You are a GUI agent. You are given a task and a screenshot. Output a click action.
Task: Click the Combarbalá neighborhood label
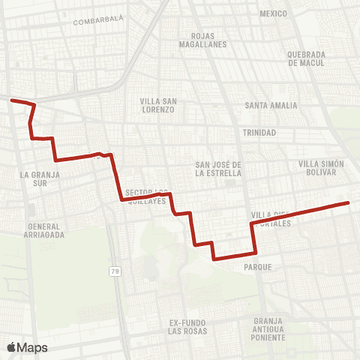point(98,22)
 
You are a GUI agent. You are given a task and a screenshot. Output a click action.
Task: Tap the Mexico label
point(273,13)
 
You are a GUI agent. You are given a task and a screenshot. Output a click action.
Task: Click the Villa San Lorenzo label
point(158,105)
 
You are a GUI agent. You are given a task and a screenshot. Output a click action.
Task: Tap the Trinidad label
point(259,133)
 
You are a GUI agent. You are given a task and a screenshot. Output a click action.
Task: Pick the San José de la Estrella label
point(218,168)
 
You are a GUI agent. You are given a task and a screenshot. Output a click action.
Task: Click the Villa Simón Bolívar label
point(320,168)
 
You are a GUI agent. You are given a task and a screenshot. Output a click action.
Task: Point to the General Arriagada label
point(45,230)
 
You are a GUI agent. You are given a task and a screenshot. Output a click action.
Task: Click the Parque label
point(257,266)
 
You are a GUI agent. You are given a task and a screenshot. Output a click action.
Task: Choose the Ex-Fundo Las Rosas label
point(187,327)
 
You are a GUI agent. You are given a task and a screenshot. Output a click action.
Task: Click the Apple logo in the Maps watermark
point(11,347)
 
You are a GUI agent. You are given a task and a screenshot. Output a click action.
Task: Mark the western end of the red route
point(11,99)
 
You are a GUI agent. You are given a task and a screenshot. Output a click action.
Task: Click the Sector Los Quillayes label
point(145,196)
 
